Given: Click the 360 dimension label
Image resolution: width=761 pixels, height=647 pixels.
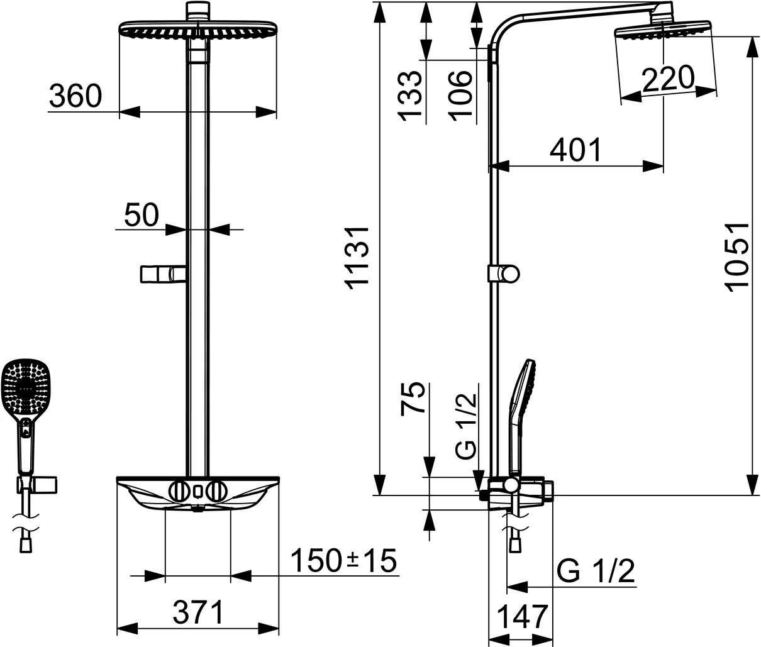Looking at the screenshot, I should pos(75,96).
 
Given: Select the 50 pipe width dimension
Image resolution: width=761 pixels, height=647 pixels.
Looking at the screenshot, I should pos(141,215).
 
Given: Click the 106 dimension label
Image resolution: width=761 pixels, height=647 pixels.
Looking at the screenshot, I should pos(460,94).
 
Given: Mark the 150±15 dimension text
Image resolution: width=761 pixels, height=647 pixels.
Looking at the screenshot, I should pos(345,560).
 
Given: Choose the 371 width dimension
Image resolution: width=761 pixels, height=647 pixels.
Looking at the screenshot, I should pos(198,612).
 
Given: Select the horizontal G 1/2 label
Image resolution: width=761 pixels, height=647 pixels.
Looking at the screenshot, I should pos(595,572).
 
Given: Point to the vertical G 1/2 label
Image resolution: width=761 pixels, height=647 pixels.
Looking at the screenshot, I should pos(467,425).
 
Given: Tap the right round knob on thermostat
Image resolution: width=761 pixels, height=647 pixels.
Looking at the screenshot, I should pos(216,490).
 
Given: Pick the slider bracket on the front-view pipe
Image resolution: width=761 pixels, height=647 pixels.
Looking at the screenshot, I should pos(163,275).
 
